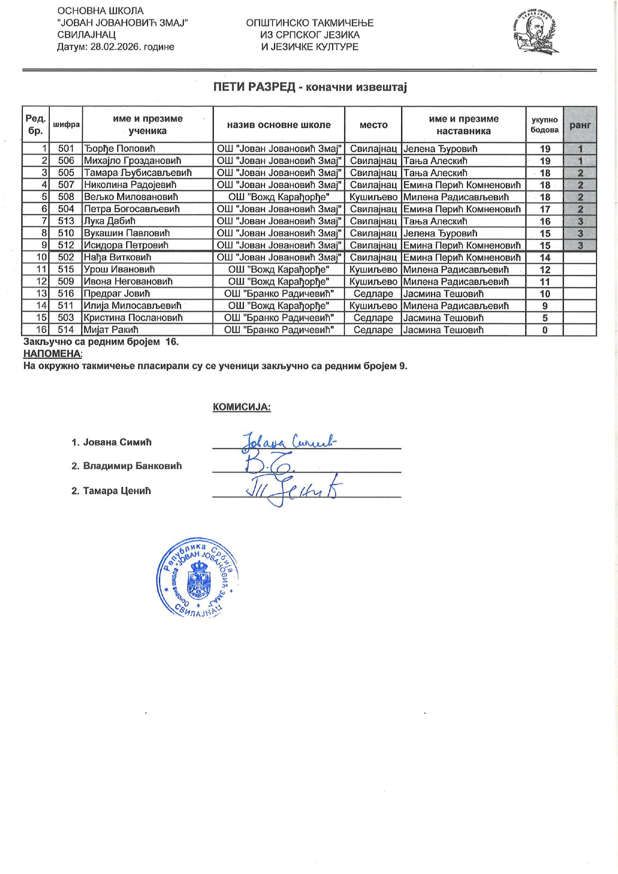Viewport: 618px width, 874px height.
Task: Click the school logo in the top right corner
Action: pyautogui.click(x=535, y=33)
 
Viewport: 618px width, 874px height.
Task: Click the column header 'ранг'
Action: pyautogui.click(x=580, y=125)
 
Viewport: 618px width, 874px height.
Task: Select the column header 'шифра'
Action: pyautogui.click(x=66, y=125)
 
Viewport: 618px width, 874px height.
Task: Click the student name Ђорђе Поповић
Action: pyautogui.click(x=120, y=149)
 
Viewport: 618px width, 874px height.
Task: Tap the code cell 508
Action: pyautogui.click(x=66, y=197)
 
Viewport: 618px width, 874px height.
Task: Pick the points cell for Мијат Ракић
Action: pyautogui.click(x=545, y=330)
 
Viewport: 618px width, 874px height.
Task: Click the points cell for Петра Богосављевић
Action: pyautogui.click(x=545, y=209)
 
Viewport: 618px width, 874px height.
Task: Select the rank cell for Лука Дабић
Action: pyautogui.click(x=580, y=221)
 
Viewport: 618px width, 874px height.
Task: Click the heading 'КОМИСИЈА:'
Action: pyautogui.click(x=242, y=407)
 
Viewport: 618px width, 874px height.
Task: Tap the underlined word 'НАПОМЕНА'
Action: pyautogui.click(x=52, y=353)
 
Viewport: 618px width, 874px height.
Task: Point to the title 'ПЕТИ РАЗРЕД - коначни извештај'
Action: pyautogui.click(x=310, y=87)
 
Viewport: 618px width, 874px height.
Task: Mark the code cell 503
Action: pyautogui.click(x=66, y=318)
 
